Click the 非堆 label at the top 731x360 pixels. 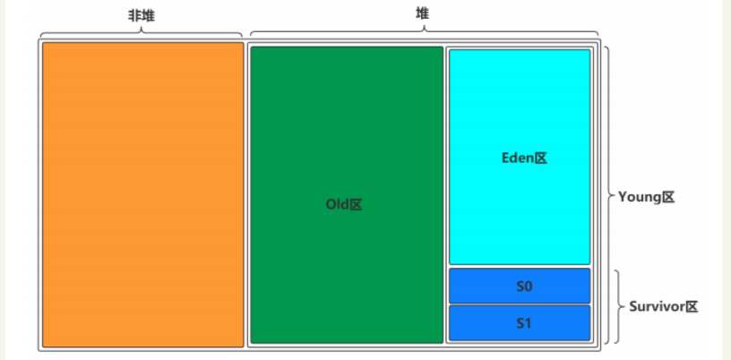pyautogui.click(x=142, y=16)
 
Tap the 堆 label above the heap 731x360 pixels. pyautogui.click(x=422, y=13)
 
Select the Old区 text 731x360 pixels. pyautogui.click(x=344, y=204)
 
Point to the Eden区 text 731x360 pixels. pyautogui.click(x=523, y=158)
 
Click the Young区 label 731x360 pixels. pyautogui.click(x=646, y=196)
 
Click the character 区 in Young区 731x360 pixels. pyautogui.click(x=666, y=196)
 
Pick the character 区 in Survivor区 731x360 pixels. pyautogui.click(x=691, y=306)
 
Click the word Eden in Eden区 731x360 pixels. pyautogui.click(x=517, y=158)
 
